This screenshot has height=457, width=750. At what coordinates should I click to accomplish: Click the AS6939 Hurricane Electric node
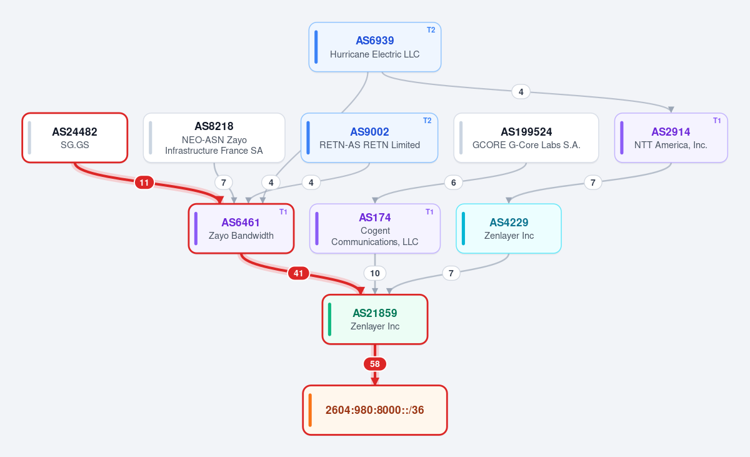tap(374, 47)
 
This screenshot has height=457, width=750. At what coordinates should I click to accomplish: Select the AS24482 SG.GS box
tap(74, 138)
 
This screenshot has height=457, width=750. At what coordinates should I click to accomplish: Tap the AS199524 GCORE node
tap(526, 138)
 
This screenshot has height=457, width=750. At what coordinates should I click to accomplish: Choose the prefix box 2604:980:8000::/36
tap(374, 410)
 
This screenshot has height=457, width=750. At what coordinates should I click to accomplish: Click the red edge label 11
tap(144, 183)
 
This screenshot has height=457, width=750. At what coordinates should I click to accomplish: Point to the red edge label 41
tap(298, 273)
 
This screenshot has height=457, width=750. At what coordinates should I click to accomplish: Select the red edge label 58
tap(374, 364)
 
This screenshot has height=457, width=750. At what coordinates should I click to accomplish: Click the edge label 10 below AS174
tap(374, 273)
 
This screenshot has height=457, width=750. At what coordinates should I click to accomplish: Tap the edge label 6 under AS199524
tap(453, 183)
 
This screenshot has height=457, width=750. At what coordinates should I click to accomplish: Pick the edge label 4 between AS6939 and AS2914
tap(521, 92)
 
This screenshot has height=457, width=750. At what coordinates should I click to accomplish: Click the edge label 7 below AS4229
tap(451, 273)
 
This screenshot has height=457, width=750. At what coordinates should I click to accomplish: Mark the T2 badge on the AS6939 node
tap(431, 30)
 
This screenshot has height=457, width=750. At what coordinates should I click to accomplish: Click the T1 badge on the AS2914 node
tap(717, 121)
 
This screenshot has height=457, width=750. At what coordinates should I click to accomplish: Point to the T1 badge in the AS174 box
tap(429, 211)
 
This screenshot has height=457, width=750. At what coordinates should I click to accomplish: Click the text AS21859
tap(374, 313)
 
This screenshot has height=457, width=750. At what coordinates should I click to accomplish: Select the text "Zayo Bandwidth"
tap(241, 236)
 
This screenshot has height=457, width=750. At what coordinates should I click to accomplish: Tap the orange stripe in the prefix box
tap(310, 410)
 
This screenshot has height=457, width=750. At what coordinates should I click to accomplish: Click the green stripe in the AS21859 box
tap(329, 319)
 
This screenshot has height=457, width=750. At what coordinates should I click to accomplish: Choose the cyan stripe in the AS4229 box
tap(463, 229)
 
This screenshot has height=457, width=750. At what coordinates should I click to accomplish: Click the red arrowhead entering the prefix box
tap(374, 381)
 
